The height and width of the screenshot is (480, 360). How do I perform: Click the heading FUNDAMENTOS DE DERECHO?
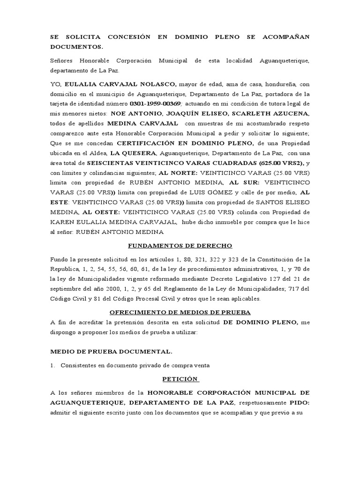click(180, 246)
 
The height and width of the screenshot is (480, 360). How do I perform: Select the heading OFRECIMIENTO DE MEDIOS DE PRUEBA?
click(180, 312)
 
